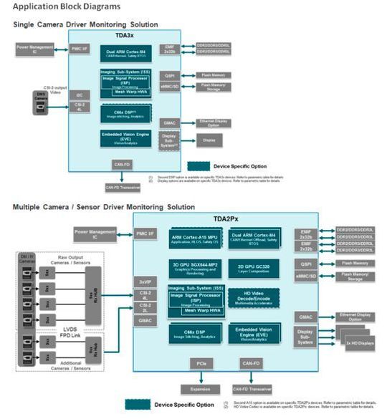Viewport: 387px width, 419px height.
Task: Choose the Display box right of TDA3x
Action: pyautogui.click(x=208, y=140)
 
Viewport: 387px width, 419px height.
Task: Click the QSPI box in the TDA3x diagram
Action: pyautogui.click(x=170, y=72)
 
